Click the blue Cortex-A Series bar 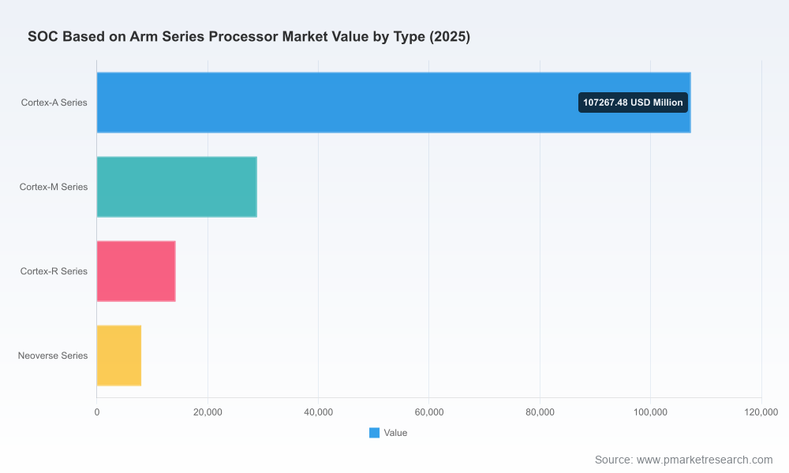[394, 102]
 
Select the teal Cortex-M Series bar [177, 187]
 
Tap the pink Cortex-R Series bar [136, 271]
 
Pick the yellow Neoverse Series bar [119, 356]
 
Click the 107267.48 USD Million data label [633, 102]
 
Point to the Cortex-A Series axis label [54, 102]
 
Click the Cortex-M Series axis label [54, 187]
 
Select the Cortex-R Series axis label [54, 271]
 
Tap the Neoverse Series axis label [53, 356]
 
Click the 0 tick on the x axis [96, 412]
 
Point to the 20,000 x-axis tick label [208, 412]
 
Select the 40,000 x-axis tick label [318, 412]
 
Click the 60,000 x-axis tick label [428, 412]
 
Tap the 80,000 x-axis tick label [540, 412]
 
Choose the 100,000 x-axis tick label [650, 412]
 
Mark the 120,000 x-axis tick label [761, 412]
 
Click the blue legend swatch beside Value [374, 433]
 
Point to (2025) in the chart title [450, 37]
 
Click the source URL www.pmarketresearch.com [705, 460]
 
